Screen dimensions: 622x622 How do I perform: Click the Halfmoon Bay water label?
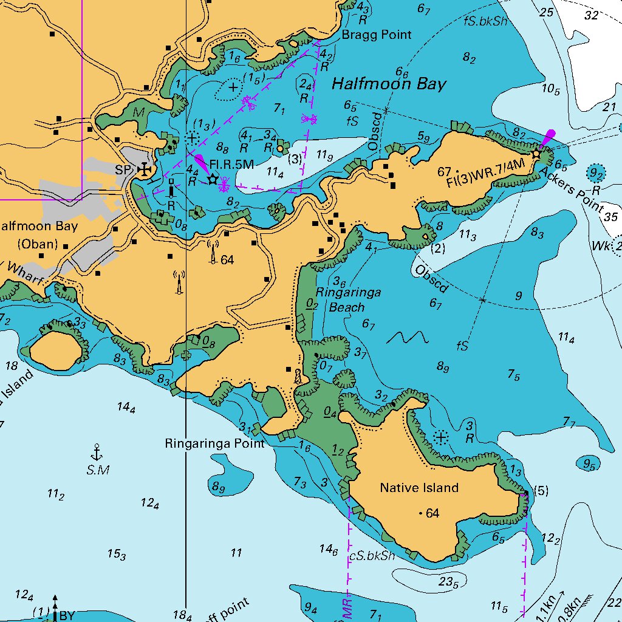coord(389,84)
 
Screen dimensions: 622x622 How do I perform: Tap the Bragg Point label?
coord(376,35)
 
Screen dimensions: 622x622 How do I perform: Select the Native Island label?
coord(419,488)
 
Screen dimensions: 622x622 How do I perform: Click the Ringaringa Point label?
coord(214,444)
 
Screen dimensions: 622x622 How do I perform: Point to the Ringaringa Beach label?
coord(355,300)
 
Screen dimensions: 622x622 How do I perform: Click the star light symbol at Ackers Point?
coord(536,154)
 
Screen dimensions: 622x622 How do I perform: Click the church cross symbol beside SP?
coord(144,169)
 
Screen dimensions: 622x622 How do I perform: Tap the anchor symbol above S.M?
coord(95,452)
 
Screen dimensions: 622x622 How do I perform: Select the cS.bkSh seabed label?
coord(372,556)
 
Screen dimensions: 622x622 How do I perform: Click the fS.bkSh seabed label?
coord(485,21)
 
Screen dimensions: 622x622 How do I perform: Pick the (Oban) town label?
coord(37,244)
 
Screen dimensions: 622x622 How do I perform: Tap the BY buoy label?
coord(67,615)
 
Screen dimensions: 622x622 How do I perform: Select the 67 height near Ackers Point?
coord(444,172)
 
